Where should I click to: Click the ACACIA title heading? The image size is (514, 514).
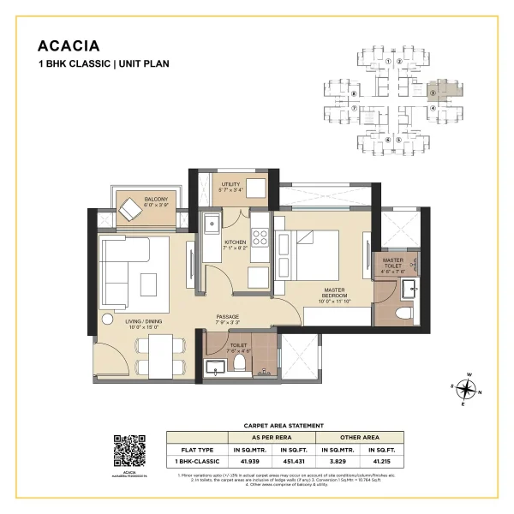(x=67, y=45)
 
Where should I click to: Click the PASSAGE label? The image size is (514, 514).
(x=227, y=319)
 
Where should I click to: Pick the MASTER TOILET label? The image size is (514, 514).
(x=393, y=264)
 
